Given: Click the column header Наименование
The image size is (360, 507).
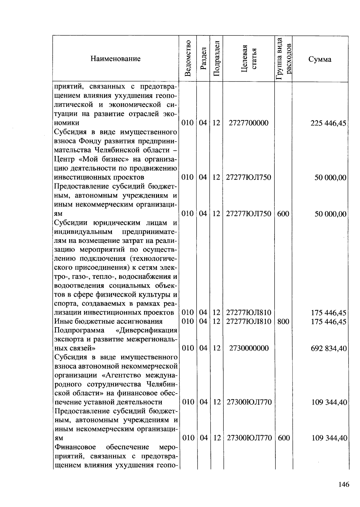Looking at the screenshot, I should coord(115,59).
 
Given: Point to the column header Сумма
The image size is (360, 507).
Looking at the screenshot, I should coord(320,59).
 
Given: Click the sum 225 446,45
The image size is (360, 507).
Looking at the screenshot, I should coord(328,123).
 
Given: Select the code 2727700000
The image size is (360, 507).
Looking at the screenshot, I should coord(248,123).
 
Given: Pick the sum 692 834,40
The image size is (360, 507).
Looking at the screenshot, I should coord(329,349).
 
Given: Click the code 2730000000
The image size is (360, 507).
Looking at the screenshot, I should coord(249,348).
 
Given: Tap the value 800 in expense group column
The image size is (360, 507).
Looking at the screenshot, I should coord(283,321).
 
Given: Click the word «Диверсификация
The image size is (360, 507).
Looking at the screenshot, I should coord(146,330).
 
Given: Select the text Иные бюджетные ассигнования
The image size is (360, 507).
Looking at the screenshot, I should coord(108,321).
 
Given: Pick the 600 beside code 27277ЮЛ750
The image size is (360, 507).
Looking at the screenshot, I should coord(283,214).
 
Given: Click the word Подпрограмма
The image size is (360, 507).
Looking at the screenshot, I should coord(79,330).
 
